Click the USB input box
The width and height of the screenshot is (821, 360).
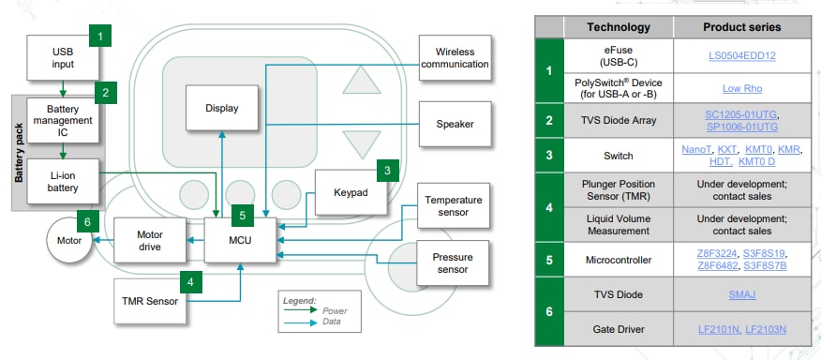tap(63, 57)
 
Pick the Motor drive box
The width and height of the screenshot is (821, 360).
tap(149, 241)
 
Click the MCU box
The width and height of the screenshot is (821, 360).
tap(242, 241)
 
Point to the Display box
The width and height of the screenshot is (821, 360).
tap(221, 108)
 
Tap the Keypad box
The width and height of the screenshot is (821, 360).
tap(351, 192)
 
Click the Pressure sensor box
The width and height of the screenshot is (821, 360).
tap(453, 263)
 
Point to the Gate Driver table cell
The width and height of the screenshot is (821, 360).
tap(619, 329)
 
